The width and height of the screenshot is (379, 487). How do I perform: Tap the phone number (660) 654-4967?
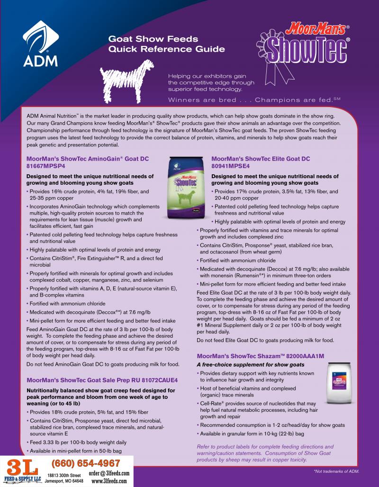point(86,462)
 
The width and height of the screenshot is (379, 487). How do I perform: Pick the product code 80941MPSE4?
point(230,167)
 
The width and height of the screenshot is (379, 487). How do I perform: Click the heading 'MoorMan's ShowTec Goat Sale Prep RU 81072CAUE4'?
point(102,380)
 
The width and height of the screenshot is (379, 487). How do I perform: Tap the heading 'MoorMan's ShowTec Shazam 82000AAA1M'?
point(266,356)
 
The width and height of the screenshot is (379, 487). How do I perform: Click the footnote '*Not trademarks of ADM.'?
point(336,471)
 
